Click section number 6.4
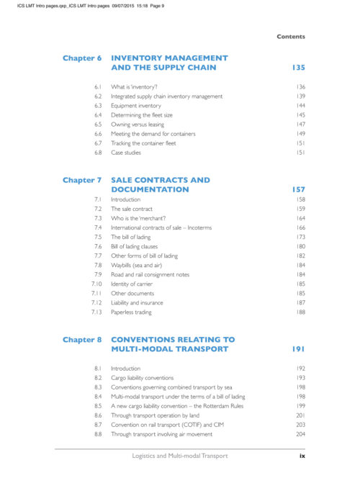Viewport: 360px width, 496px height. (97, 114)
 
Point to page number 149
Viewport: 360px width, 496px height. (300, 133)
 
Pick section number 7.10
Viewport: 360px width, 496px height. (96, 284)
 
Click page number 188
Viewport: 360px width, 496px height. (300, 312)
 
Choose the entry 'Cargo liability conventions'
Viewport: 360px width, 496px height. (147, 377)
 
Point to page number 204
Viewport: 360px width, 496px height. (300, 434)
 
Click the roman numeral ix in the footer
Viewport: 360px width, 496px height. (302, 456)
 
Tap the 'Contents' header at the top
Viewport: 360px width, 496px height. (291, 37)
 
